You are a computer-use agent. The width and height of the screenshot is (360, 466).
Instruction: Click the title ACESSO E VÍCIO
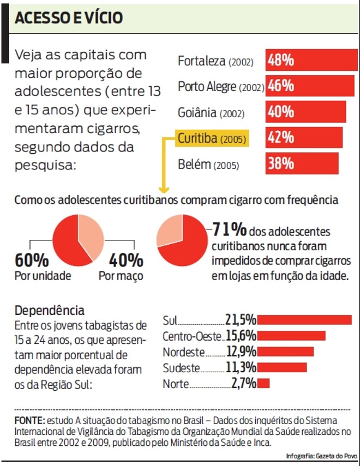(69, 18)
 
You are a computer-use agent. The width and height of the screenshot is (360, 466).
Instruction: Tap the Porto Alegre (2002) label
(221, 87)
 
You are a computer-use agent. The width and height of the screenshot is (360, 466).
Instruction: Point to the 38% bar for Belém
(302, 164)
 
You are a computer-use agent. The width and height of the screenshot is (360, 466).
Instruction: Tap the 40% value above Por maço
(126, 260)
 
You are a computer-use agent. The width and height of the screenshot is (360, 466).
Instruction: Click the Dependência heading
(50, 311)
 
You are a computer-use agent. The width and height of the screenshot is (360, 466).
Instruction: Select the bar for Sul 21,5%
(304, 319)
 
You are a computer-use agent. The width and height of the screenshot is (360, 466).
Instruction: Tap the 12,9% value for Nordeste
(241, 352)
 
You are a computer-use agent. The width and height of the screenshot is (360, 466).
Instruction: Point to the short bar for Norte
(263, 383)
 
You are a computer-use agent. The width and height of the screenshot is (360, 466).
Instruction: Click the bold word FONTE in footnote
(29, 421)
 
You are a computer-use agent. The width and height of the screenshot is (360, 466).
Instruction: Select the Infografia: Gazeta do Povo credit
(321, 456)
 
